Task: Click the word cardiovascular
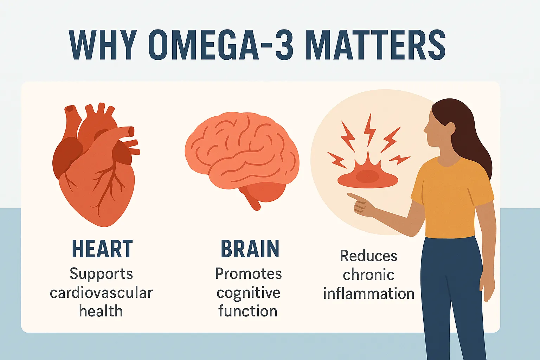(101, 293)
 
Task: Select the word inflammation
(368, 293)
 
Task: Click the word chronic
(368, 275)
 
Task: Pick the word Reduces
(368, 256)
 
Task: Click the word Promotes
(248, 274)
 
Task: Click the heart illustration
(96, 165)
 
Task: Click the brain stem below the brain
(253, 201)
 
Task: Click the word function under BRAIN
(248, 311)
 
